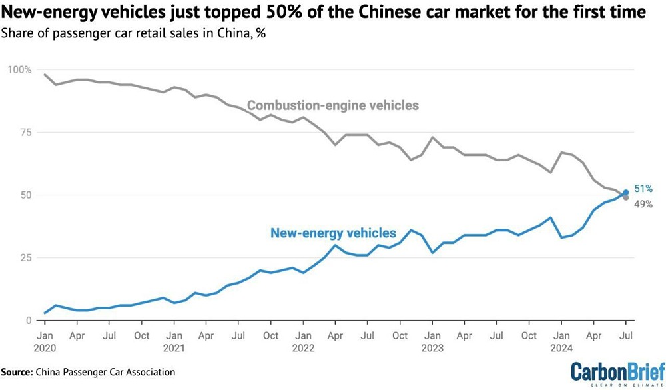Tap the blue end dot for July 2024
pyautogui.click(x=626, y=193)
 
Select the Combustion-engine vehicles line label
pyautogui.click(x=333, y=105)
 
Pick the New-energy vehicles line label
pyautogui.click(x=333, y=233)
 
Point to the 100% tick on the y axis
pyautogui.click(x=19, y=69)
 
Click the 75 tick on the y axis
pyautogui.click(x=25, y=132)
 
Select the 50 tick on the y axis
pyautogui.click(x=25, y=195)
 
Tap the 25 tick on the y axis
pyautogui.click(x=25, y=258)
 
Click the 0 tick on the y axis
pyautogui.click(x=27, y=321)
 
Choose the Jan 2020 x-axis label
pyautogui.click(x=45, y=341)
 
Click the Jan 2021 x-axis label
pyautogui.click(x=174, y=341)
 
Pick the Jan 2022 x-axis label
pyautogui.click(x=304, y=341)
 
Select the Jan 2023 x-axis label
pyautogui.click(x=433, y=341)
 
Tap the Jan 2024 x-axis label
pyautogui.click(x=562, y=341)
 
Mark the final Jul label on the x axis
pyautogui.click(x=627, y=336)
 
